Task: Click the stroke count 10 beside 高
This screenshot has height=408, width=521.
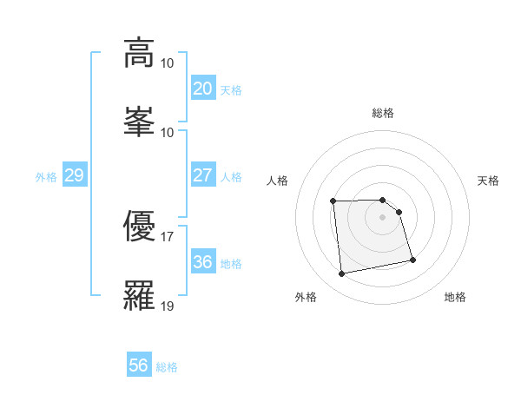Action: click(x=168, y=63)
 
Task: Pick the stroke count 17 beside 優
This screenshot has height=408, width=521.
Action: click(x=168, y=237)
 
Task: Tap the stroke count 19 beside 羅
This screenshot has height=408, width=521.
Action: click(x=168, y=306)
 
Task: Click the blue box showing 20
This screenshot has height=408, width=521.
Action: click(x=202, y=89)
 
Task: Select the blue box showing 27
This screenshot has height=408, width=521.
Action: click(x=202, y=175)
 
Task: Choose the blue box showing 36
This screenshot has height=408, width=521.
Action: click(x=202, y=262)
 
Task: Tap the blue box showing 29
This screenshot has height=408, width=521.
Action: click(x=74, y=175)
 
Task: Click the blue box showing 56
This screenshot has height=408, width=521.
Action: click(x=138, y=365)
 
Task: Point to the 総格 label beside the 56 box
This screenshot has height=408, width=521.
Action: click(x=167, y=367)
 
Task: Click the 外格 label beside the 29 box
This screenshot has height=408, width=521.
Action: click(x=46, y=177)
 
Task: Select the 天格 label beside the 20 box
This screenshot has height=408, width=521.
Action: click(x=231, y=90)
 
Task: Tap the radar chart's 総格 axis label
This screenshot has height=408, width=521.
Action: click(x=383, y=113)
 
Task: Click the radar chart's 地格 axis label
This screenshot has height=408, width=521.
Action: click(x=455, y=297)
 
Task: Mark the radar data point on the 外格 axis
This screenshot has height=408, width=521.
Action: click(x=342, y=274)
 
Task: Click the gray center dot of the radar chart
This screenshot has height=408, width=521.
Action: click(x=383, y=217)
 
